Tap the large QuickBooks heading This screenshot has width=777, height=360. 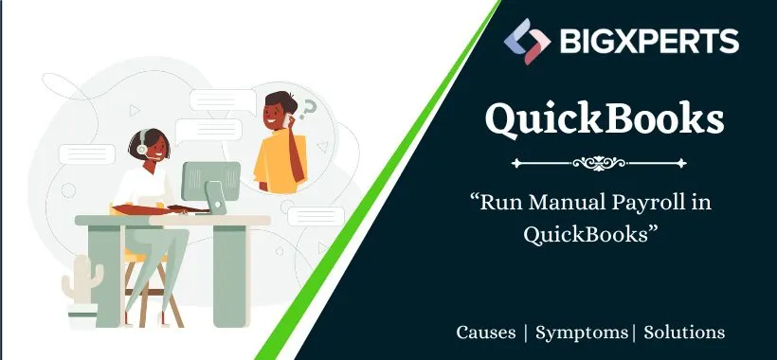(x=605, y=119)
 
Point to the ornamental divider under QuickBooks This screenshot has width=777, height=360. (x=605, y=163)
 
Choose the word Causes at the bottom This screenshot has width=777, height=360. (x=486, y=333)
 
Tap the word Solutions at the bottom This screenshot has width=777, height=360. (x=685, y=333)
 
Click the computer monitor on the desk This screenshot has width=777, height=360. (x=209, y=182)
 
